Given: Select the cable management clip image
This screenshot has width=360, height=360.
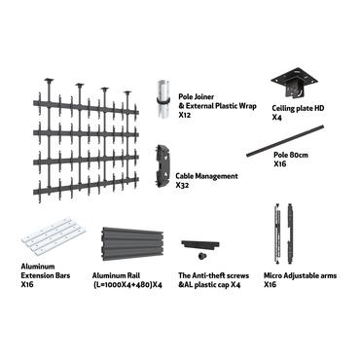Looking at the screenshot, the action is [x=163, y=166].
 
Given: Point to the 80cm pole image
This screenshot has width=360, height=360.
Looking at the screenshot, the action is [x=286, y=141].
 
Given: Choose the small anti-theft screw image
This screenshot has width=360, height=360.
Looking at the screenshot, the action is [x=200, y=255].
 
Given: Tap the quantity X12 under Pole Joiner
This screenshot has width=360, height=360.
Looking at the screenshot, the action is [x=185, y=115].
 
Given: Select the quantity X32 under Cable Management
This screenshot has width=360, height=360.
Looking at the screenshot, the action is [x=182, y=185].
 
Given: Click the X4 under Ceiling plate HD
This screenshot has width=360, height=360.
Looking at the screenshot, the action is [x=277, y=117].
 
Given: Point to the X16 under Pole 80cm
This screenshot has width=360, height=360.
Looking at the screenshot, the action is [x=280, y=163].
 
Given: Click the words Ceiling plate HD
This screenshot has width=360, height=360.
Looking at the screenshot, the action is [x=298, y=108].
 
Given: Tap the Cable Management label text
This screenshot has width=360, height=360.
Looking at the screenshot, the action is [x=206, y=176].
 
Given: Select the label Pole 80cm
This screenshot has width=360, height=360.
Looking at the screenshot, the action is [x=291, y=155].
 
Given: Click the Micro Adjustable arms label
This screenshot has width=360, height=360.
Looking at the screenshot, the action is [x=300, y=276].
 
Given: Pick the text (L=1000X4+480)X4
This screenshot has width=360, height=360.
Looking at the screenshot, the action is [x=128, y=285].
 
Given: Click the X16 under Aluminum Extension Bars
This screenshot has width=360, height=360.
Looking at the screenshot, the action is [x=27, y=285].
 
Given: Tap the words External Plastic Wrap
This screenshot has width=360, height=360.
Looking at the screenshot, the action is [x=220, y=106].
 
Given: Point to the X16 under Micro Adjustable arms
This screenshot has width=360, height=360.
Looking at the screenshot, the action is [x=270, y=285].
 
